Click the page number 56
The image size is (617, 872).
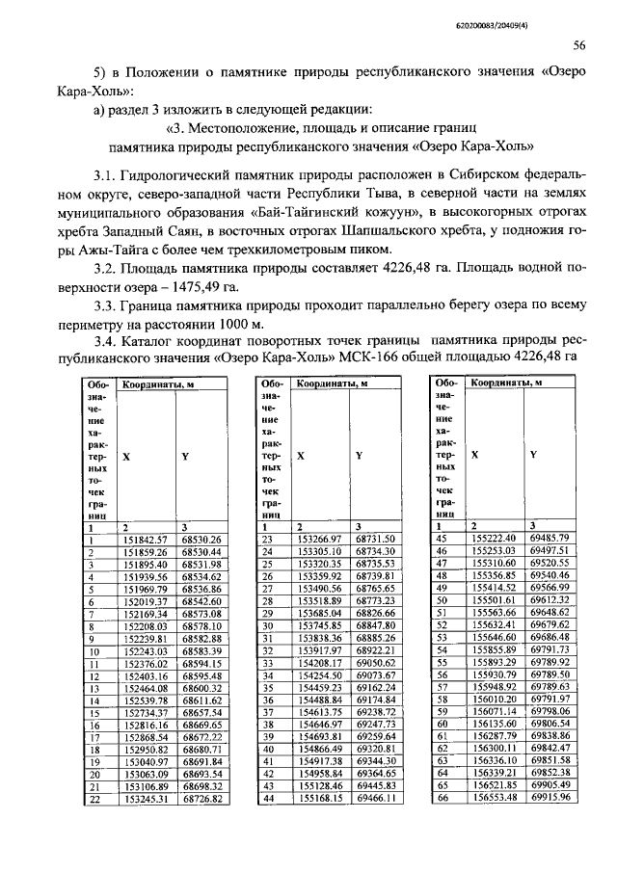pyautogui.click(x=578, y=44)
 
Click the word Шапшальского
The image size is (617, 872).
pyautogui.click(x=384, y=235)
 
